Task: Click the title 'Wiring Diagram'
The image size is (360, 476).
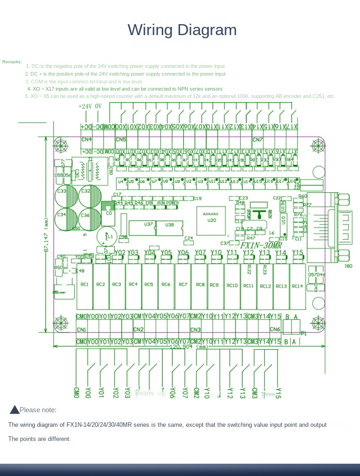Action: (182, 30)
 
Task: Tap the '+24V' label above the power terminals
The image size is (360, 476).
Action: (85, 106)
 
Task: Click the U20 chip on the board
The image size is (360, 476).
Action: (211, 220)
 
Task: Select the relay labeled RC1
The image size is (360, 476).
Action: (85, 285)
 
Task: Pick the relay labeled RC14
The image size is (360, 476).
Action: (297, 286)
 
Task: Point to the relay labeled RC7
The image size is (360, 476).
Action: (183, 285)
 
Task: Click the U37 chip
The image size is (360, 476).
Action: (149, 225)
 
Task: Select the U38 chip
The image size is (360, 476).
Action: (170, 225)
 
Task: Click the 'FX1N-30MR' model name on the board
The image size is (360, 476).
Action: (261, 246)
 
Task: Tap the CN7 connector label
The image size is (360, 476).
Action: (258, 139)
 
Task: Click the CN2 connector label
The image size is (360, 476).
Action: (138, 329)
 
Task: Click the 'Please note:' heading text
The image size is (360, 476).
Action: (38, 410)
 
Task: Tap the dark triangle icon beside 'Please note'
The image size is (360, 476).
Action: (15, 410)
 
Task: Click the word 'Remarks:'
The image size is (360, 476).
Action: (12, 61)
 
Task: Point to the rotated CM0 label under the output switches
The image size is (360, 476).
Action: (77, 393)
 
